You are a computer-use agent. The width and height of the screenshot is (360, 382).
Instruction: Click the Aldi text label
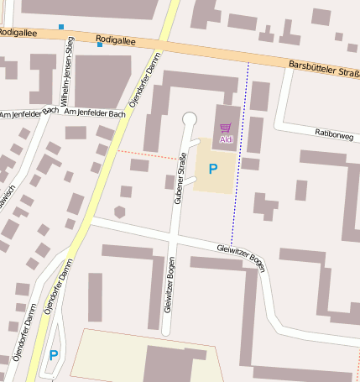pyautogui.click(x=227, y=139)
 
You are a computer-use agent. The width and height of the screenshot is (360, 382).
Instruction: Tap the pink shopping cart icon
pyautogui.click(x=226, y=128)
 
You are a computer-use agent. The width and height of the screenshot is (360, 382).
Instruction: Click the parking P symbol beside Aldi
pyautogui.click(x=213, y=169)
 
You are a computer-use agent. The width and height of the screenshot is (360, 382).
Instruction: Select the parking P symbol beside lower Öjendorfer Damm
pyautogui.click(x=54, y=356)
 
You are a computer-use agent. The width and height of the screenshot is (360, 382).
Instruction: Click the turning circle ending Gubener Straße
pyautogui.click(x=190, y=118)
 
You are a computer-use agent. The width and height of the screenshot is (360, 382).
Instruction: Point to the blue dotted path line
pyautogui.click(x=240, y=151)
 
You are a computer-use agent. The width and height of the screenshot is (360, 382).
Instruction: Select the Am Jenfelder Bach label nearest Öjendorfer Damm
pyautogui.click(x=94, y=113)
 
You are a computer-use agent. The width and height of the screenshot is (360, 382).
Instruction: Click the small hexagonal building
pyautogui.click(x=120, y=212)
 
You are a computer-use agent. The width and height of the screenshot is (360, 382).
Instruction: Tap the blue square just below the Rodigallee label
pyautogui.click(x=100, y=44)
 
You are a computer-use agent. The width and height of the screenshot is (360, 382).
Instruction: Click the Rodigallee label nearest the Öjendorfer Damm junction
pyautogui.click(x=114, y=39)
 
